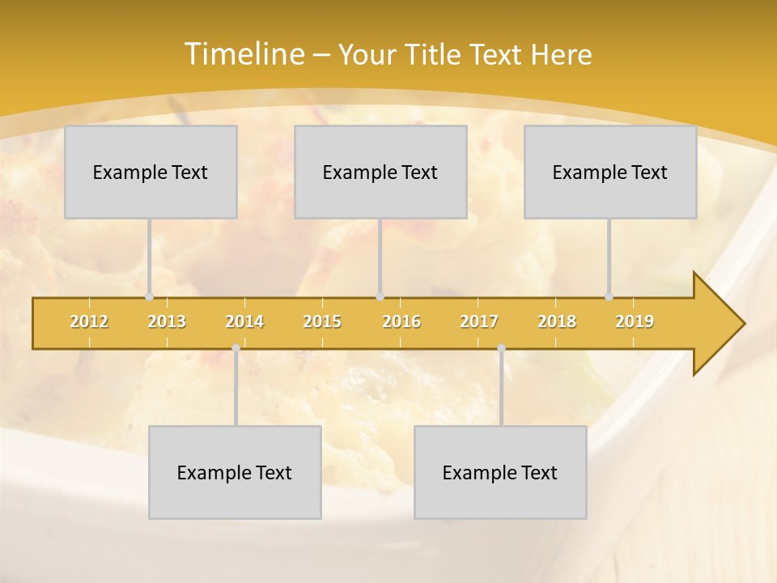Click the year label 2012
[89, 321]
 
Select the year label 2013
[167, 321]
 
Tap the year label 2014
[244, 321]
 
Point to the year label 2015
[322, 321]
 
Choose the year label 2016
[401, 321]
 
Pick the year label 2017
[479, 321]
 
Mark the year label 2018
[557, 321]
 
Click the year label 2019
[635, 321]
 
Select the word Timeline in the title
[242, 54]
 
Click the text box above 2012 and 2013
[151, 172]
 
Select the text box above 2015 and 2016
[380, 172]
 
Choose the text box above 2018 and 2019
[610, 172]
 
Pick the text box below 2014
[235, 472]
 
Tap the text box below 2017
[500, 472]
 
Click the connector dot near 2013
[149, 296]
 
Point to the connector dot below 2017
[501, 348]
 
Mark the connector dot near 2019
[609, 296]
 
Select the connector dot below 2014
[236, 348]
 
